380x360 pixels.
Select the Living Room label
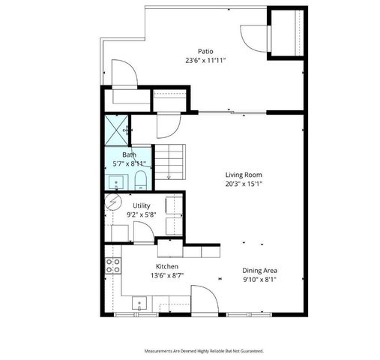[243, 174]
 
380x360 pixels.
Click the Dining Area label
[259, 270]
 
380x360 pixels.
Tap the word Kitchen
[166, 266]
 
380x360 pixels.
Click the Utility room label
[141, 205]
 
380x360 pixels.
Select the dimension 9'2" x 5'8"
[142, 214]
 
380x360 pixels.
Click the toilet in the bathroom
[140, 178]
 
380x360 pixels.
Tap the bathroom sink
[117, 181]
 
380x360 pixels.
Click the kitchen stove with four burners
[114, 264]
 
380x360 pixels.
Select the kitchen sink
[139, 304]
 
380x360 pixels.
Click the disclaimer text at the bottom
[203, 350]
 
